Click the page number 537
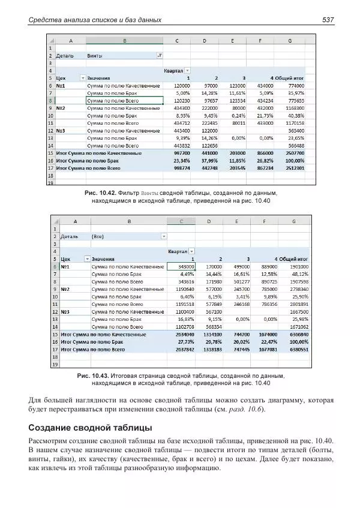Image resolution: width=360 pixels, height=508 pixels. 328,20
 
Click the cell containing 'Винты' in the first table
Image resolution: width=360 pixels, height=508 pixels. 94,55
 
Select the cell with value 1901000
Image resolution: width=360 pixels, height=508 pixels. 296,266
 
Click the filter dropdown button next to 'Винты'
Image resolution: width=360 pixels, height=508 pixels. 159,55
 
